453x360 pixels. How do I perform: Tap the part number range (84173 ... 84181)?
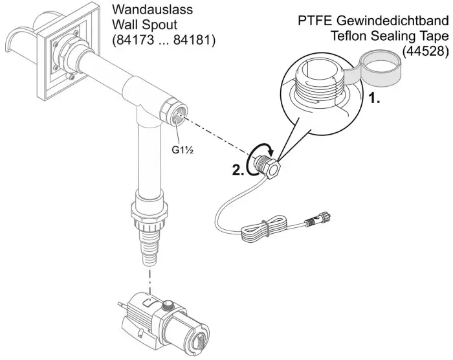pyautogui.click(x=164, y=40)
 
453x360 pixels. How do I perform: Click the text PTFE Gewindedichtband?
pyautogui.click(x=373, y=21)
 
